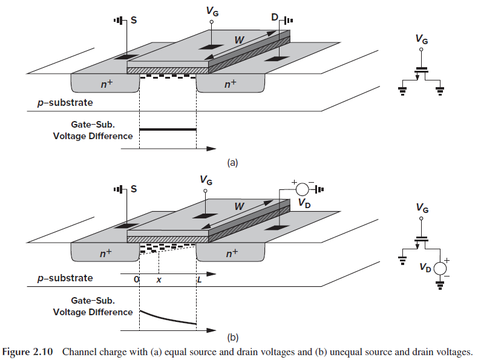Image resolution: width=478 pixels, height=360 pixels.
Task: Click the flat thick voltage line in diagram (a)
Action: pos(168,129)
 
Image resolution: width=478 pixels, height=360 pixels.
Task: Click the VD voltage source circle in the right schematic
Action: pos(440,267)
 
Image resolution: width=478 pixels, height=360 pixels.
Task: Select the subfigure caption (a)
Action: pos(233,162)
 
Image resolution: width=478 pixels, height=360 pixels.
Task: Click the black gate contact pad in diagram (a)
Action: pos(212,47)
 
